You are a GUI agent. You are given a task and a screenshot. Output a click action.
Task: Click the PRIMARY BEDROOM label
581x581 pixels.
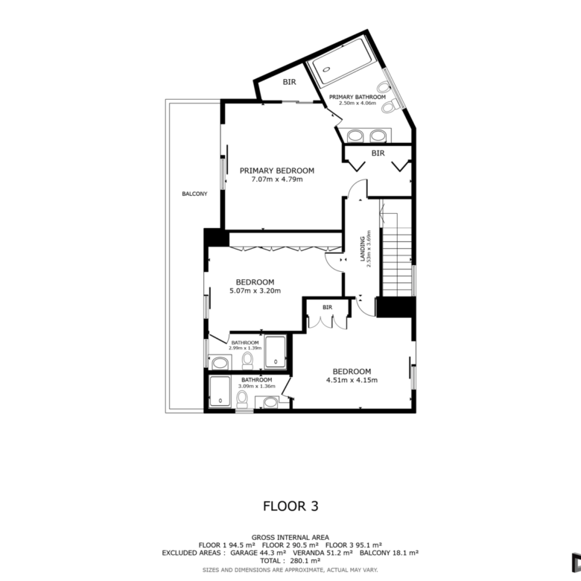(x=277, y=171)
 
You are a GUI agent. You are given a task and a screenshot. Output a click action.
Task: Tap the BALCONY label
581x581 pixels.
(x=194, y=194)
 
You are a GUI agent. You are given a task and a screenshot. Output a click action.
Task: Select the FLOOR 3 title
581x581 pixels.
(x=290, y=507)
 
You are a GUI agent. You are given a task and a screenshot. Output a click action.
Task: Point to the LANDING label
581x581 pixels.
(x=363, y=249)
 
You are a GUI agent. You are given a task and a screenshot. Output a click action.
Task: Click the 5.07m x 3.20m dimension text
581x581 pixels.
(x=255, y=290)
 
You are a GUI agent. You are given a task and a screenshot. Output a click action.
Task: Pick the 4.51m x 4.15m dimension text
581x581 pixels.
(x=352, y=380)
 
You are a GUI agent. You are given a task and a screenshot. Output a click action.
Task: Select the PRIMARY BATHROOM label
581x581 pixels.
(x=358, y=97)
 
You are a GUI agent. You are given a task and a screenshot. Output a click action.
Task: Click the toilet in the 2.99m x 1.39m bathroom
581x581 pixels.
(x=247, y=361)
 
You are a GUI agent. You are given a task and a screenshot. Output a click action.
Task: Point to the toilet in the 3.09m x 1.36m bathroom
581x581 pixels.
(x=242, y=399)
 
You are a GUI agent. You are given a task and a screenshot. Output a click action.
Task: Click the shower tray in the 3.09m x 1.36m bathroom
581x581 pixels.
(x=220, y=391)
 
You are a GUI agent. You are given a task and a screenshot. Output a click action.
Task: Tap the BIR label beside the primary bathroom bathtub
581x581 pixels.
(x=290, y=82)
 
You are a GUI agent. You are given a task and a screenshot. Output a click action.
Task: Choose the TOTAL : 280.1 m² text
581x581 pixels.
(x=290, y=561)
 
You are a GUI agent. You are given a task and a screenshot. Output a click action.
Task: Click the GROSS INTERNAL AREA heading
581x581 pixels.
(x=290, y=537)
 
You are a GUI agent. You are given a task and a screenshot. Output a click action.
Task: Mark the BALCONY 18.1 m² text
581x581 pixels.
(x=389, y=553)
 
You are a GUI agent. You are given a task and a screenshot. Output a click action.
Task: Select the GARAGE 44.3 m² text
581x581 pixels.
(x=258, y=553)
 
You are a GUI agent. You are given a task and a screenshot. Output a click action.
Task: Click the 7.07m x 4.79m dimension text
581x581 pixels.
(x=277, y=180)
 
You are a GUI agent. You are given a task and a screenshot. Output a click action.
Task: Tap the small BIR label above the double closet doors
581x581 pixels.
(x=327, y=307)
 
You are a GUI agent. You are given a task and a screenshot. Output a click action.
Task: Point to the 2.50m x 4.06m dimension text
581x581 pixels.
(x=358, y=103)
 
